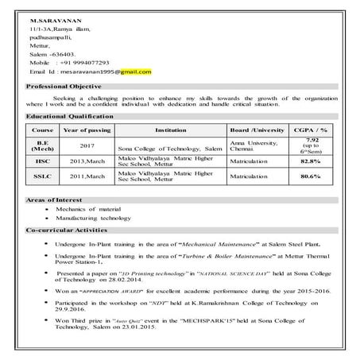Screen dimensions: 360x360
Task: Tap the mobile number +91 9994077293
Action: (89, 61)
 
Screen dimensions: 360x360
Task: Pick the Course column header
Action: (41, 129)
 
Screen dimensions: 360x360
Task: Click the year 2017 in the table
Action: (87, 146)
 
